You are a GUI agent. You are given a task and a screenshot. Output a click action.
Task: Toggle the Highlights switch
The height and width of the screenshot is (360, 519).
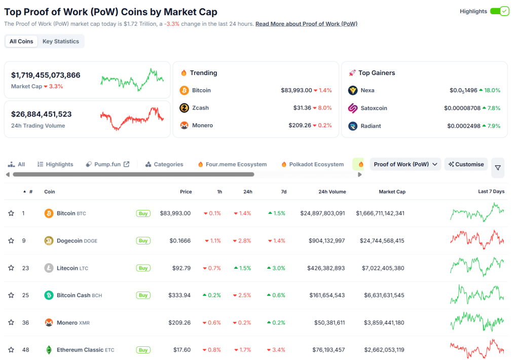click(x=499, y=11)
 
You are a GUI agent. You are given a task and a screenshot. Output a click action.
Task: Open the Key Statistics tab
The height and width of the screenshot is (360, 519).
click(x=61, y=42)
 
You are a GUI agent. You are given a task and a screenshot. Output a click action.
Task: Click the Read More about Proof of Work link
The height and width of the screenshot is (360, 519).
click(x=306, y=24)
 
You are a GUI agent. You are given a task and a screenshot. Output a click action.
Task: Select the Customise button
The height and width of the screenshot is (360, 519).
click(x=466, y=164)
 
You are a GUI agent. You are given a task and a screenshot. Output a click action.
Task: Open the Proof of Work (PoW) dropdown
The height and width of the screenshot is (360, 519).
click(x=405, y=164)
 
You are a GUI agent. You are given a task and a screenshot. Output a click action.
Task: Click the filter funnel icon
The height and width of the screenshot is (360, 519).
click(x=498, y=168)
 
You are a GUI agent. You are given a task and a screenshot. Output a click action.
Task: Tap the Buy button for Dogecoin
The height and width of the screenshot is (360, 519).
click(x=143, y=241)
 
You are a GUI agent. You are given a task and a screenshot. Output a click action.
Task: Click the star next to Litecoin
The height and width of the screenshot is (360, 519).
click(x=11, y=268)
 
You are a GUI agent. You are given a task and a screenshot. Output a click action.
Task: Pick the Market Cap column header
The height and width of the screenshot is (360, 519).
click(x=392, y=192)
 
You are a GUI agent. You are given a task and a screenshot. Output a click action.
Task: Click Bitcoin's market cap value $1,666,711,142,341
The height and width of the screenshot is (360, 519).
click(x=380, y=213)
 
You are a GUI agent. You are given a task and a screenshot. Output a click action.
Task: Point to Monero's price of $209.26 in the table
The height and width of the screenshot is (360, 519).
click(x=179, y=322)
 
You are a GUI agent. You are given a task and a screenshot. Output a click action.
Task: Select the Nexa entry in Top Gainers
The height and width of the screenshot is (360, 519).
click(x=367, y=90)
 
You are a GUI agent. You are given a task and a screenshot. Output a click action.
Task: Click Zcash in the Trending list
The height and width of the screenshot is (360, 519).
click(x=200, y=108)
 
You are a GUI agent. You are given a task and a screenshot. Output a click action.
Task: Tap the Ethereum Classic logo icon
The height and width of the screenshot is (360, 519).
click(x=49, y=350)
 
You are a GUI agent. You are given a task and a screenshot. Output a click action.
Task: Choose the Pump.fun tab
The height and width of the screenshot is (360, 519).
click(x=107, y=164)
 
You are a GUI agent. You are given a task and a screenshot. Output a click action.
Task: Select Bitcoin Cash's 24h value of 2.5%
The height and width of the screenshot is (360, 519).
click(x=242, y=295)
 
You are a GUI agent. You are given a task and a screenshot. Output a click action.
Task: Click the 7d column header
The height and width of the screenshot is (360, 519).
click(x=284, y=192)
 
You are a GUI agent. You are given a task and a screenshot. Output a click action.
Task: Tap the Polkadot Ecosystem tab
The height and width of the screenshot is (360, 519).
click(x=312, y=164)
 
